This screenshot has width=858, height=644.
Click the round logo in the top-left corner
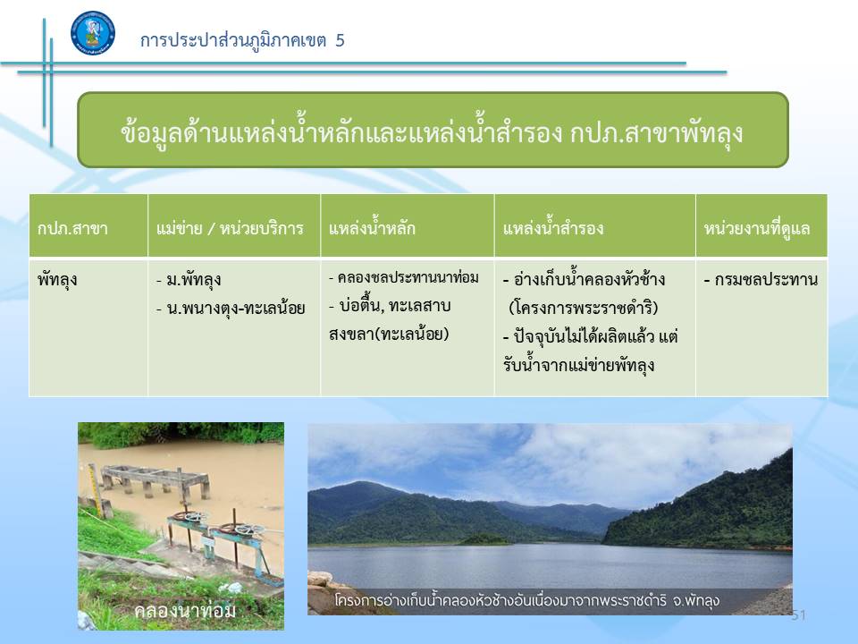[x=93, y=33]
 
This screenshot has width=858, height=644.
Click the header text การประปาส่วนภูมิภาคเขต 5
[x=242, y=40]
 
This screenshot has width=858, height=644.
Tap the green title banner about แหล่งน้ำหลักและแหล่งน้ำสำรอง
[x=433, y=130]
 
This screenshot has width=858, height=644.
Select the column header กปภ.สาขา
[x=72, y=228]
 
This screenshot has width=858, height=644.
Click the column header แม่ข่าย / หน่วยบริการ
[x=230, y=228]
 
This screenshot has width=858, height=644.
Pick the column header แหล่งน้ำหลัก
[x=372, y=227]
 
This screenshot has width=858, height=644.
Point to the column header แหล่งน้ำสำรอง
[x=553, y=227]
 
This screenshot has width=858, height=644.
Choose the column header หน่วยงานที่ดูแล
[x=757, y=228]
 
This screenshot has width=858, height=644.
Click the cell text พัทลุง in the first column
[x=57, y=280]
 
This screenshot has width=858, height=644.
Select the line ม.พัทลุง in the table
[x=189, y=280]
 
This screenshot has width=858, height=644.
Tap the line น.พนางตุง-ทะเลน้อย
[x=231, y=309]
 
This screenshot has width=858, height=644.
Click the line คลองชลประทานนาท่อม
[x=404, y=277]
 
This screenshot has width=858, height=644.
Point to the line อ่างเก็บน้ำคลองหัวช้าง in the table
[x=584, y=279]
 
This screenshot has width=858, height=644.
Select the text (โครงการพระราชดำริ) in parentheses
[x=584, y=308]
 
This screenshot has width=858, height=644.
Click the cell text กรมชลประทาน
[x=761, y=280]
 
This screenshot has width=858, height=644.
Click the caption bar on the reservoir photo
[x=550, y=601]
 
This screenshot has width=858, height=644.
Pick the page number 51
[x=798, y=615]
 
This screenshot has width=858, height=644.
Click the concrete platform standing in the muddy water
[x=155, y=480]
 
